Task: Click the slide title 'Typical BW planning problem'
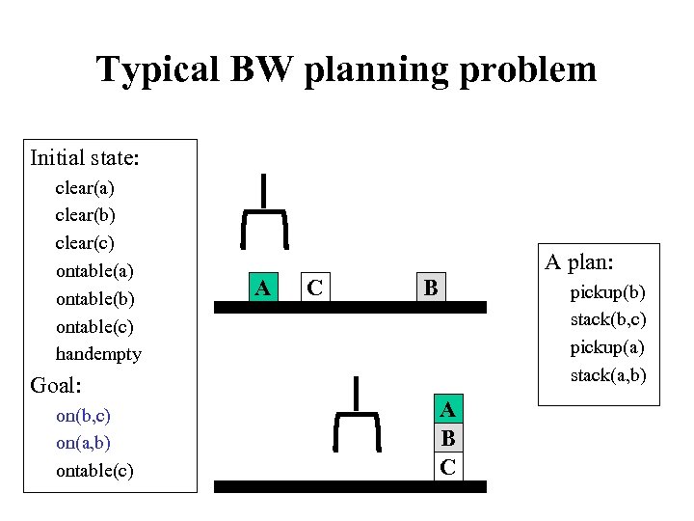[x=346, y=69]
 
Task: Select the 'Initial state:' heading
[x=85, y=156]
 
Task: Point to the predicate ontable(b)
[x=95, y=298]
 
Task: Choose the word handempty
[x=98, y=354]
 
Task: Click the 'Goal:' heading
[x=56, y=385]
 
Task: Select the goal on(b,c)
[x=83, y=416]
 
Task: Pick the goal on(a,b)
[x=83, y=443]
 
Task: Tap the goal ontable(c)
[x=94, y=471]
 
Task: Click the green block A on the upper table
[x=261, y=288]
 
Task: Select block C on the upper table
[x=313, y=288]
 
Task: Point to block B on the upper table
[x=431, y=288]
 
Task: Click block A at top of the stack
[x=447, y=411]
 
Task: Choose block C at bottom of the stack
[x=447, y=467]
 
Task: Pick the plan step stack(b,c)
[x=607, y=318]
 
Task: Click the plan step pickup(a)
[x=607, y=346]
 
